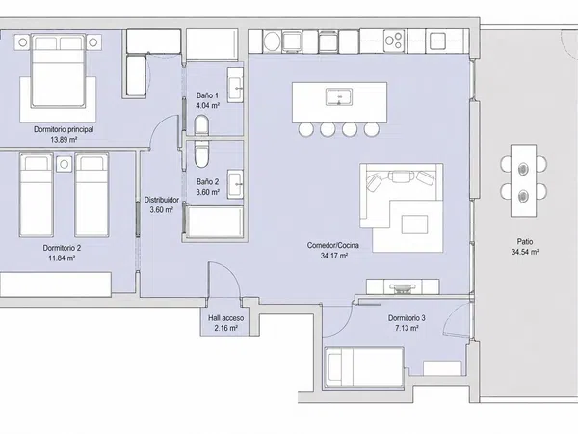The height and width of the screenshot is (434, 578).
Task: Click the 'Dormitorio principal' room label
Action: (64, 129)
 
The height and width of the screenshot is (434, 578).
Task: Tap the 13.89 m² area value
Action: (64, 140)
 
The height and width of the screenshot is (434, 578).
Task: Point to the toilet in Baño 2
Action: (201, 154)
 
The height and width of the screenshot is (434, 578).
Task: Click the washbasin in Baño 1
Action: (235, 85)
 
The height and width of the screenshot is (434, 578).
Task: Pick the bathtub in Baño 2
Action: (215, 222)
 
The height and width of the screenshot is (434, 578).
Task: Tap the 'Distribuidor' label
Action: (162, 200)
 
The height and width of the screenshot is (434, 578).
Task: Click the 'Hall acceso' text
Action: (225, 318)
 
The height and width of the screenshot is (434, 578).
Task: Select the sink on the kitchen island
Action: (339, 97)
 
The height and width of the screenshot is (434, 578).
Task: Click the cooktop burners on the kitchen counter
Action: (394, 41)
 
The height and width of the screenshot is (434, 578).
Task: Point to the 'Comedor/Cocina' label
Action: (333, 245)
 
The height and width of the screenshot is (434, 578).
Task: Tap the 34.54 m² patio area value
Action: (525, 253)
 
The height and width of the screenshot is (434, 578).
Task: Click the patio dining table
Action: (523, 180)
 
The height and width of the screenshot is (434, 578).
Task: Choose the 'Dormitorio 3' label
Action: (407, 318)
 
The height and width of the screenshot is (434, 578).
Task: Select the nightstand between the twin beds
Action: (65, 164)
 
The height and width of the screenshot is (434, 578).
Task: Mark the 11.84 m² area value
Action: (62, 258)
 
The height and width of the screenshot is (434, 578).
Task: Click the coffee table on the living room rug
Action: (414, 225)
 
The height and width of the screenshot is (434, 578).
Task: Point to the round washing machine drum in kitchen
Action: (273, 41)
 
